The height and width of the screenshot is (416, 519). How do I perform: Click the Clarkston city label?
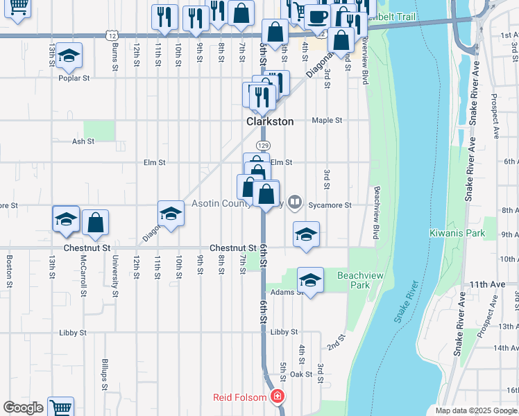click(270, 121)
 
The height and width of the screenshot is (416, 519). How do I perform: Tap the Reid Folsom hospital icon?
click(278, 397)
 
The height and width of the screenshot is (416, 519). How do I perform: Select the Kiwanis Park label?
click(457, 234)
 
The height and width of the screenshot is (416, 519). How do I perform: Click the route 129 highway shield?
click(262, 146)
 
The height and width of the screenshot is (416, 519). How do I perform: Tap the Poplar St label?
click(74, 78)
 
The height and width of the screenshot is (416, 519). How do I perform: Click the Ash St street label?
click(83, 141)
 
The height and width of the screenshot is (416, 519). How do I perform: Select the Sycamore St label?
click(330, 205)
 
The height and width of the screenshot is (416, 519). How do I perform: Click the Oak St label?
click(301, 374)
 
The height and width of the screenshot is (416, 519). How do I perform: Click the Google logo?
click(23, 408)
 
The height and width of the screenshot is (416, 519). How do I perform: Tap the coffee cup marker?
click(318, 16)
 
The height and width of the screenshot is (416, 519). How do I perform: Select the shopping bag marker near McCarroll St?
click(96, 223)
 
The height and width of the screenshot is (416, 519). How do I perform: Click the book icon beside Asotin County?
click(295, 203)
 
